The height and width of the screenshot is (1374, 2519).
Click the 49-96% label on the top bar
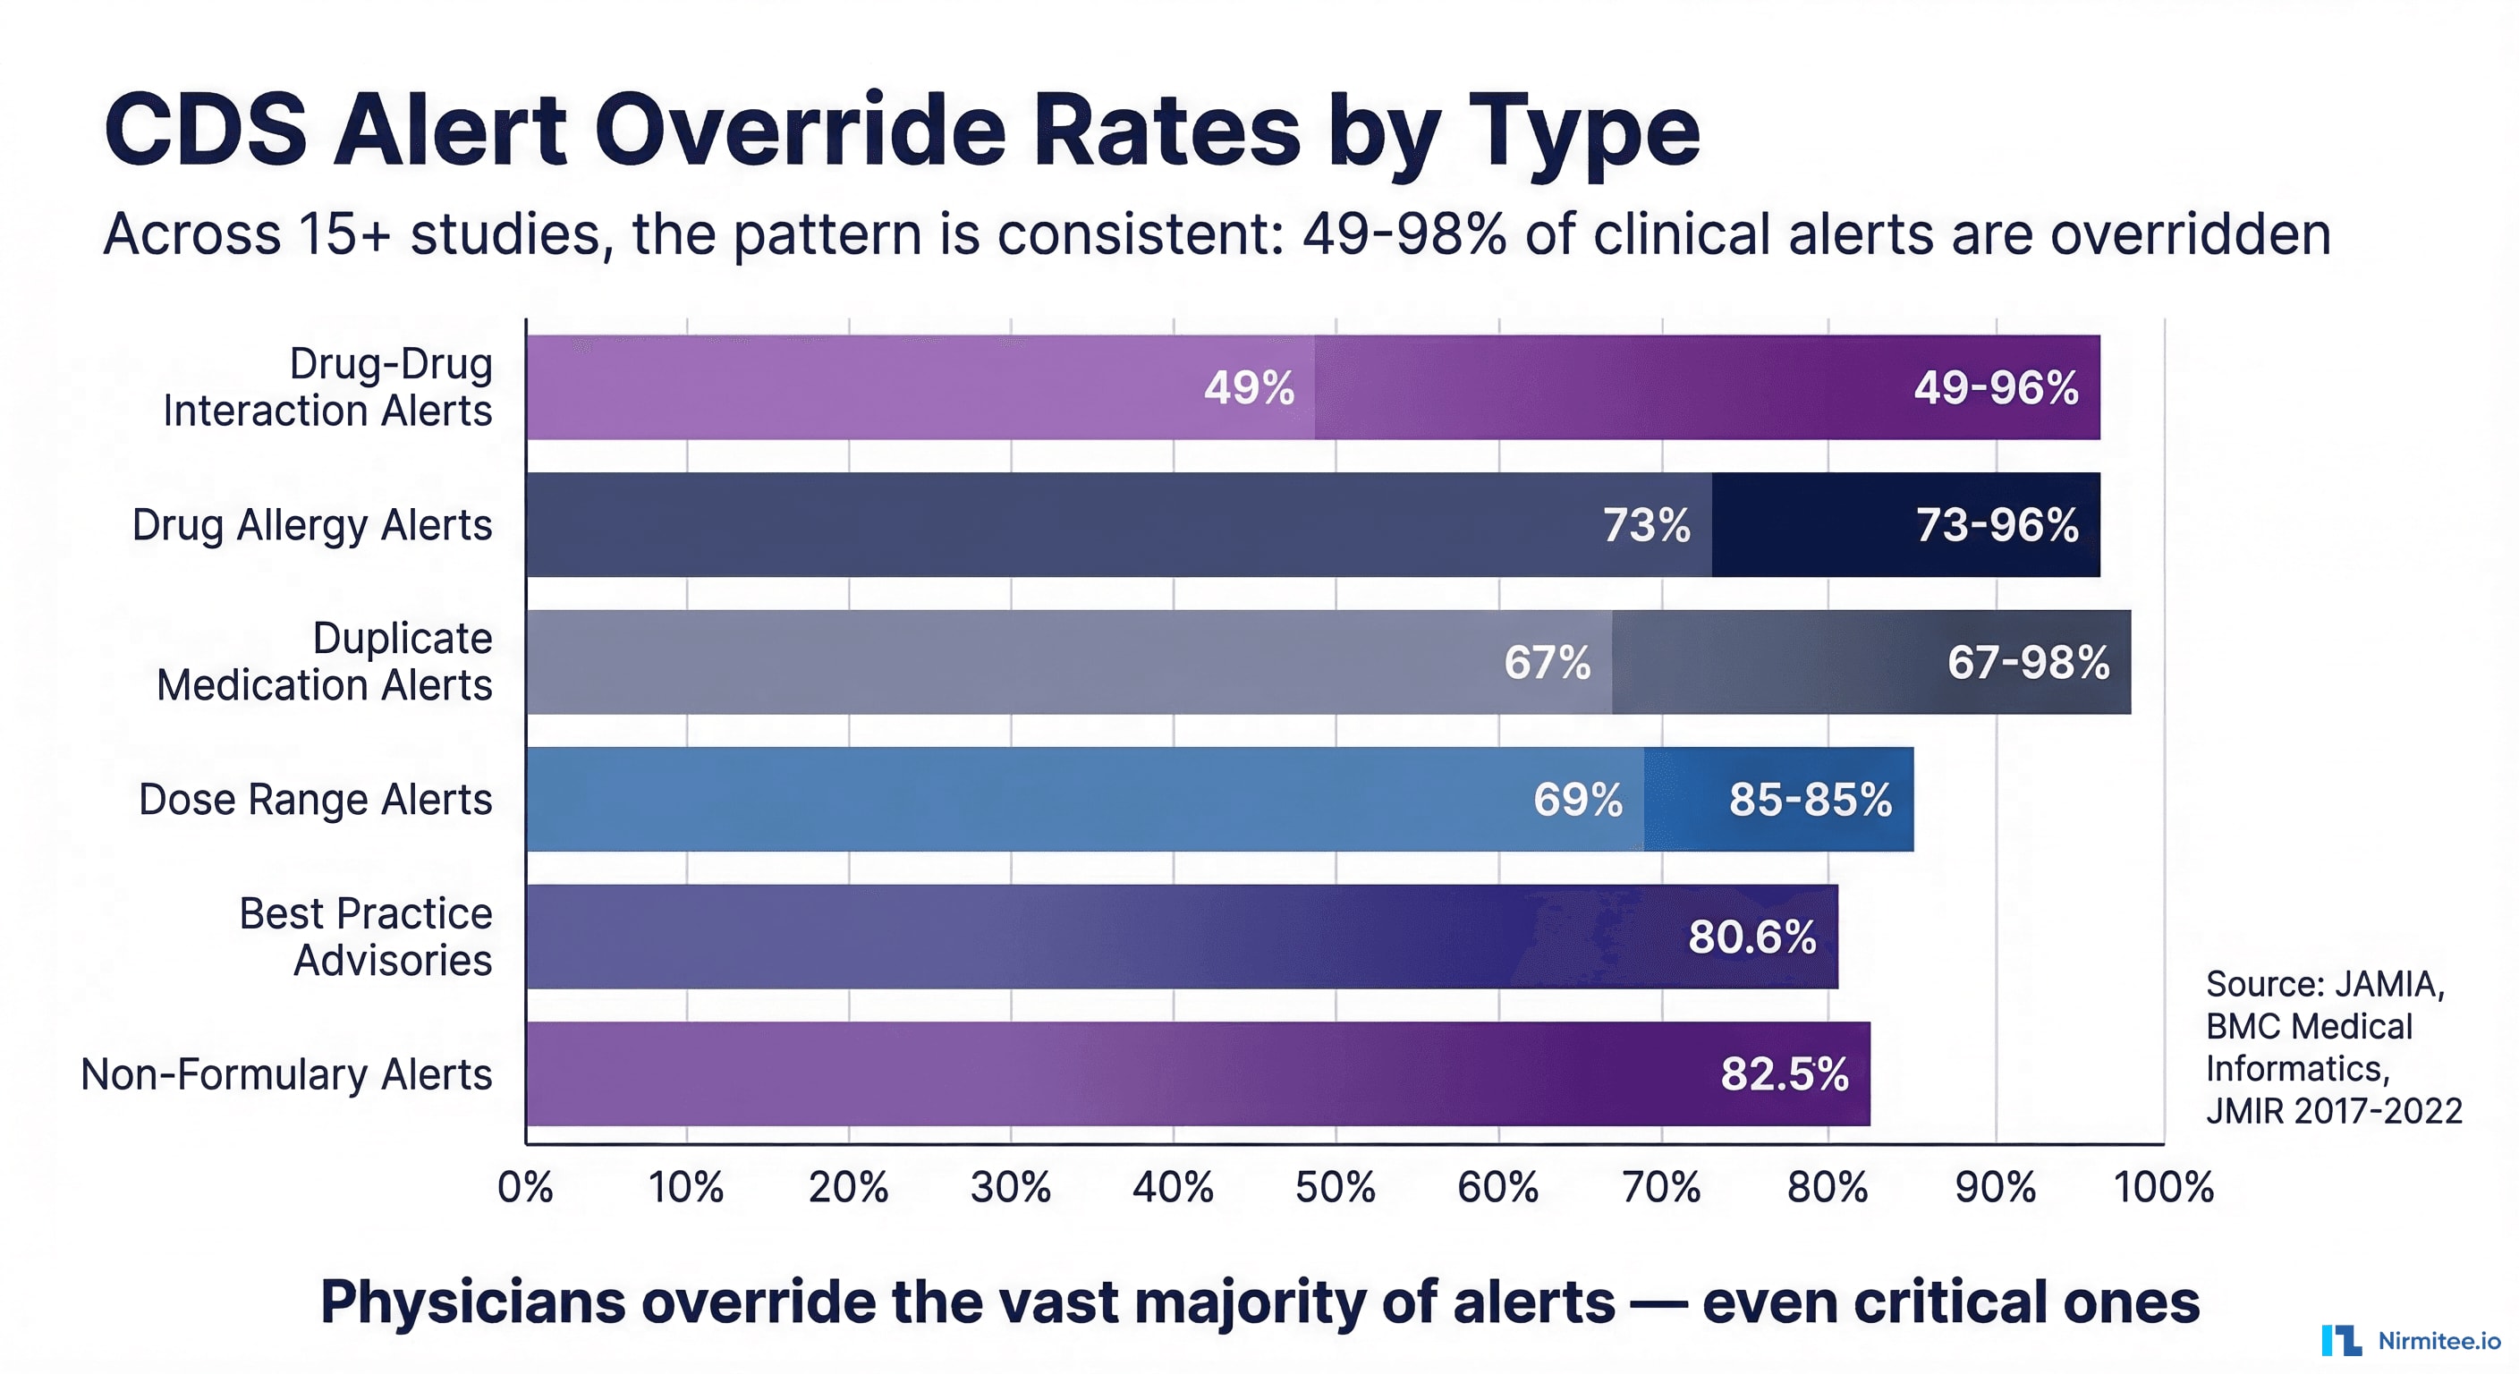pyautogui.click(x=1995, y=388)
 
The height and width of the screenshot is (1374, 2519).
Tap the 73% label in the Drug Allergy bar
pyautogui.click(x=1646, y=525)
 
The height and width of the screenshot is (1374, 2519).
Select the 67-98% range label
pyautogui.click(x=2027, y=663)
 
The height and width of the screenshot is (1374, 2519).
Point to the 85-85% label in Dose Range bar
pyautogui.click(x=1809, y=800)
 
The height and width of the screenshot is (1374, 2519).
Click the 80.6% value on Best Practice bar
pyautogui.click(x=1751, y=937)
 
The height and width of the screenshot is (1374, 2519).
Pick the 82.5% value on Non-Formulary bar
pyautogui.click(x=1784, y=1073)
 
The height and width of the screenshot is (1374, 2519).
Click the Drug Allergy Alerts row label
pyautogui.click(x=312, y=525)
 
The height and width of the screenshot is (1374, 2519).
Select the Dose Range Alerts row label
pyautogui.click(x=315, y=800)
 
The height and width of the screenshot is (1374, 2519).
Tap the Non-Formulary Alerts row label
pyautogui.click(x=285, y=1074)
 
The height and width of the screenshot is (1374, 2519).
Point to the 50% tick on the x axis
pyautogui.click(x=1335, y=1187)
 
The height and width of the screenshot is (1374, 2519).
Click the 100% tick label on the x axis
pyautogui.click(x=2163, y=1187)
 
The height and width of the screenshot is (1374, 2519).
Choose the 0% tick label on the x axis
pyautogui.click(x=525, y=1187)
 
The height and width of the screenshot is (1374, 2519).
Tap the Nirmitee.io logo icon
pyautogui.click(x=2341, y=1340)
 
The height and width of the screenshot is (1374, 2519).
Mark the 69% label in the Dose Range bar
pyautogui.click(x=1577, y=800)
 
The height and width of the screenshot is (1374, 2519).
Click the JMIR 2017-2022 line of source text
pyautogui.click(x=2333, y=1111)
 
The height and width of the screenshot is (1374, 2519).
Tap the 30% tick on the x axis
pyautogui.click(x=1010, y=1187)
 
